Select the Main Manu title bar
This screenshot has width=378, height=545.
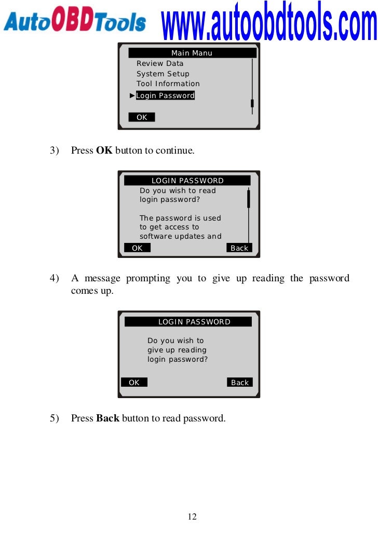coord(192,53)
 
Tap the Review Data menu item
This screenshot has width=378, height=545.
coord(160,63)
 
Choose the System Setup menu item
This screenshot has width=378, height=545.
coord(163,74)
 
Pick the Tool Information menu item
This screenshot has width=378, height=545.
coord(168,84)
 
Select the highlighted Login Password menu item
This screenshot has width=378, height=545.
coord(165,96)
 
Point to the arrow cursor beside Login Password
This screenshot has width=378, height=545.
coord(132,96)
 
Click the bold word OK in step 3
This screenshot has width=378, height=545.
coord(104,151)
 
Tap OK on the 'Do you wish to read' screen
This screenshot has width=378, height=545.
coord(137,248)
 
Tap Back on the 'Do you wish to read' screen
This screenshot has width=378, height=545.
coord(239,248)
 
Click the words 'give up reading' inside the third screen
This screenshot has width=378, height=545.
coord(177,350)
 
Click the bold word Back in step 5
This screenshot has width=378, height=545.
coord(108,418)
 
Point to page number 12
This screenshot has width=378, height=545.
coord(192,517)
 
